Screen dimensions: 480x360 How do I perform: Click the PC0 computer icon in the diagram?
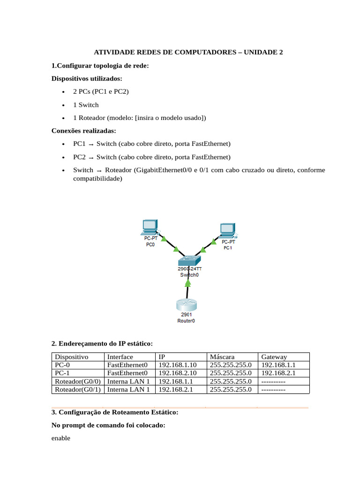(x=150, y=227)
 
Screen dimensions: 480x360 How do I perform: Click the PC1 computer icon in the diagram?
(x=227, y=230)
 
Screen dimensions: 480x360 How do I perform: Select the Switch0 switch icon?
(x=189, y=260)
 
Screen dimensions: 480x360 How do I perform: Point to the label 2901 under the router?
(x=186, y=315)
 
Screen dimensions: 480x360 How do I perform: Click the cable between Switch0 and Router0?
(x=187, y=288)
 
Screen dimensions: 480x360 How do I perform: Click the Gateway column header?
(x=274, y=357)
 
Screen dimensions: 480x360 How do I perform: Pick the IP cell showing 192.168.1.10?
(x=178, y=365)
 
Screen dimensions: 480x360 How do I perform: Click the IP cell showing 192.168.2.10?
(x=178, y=373)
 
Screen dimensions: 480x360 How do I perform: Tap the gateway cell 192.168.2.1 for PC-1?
(x=278, y=373)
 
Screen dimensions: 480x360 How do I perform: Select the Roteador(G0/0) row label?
(x=78, y=381)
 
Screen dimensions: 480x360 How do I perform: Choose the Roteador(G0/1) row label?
(x=78, y=389)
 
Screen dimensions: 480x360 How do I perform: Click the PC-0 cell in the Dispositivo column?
(x=62, y=365)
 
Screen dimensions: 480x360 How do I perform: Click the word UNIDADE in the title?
(x=261, y=52)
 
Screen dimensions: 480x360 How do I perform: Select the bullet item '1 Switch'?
(x=86, y=105)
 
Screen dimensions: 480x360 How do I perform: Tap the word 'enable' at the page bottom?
(x=61, y=438)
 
